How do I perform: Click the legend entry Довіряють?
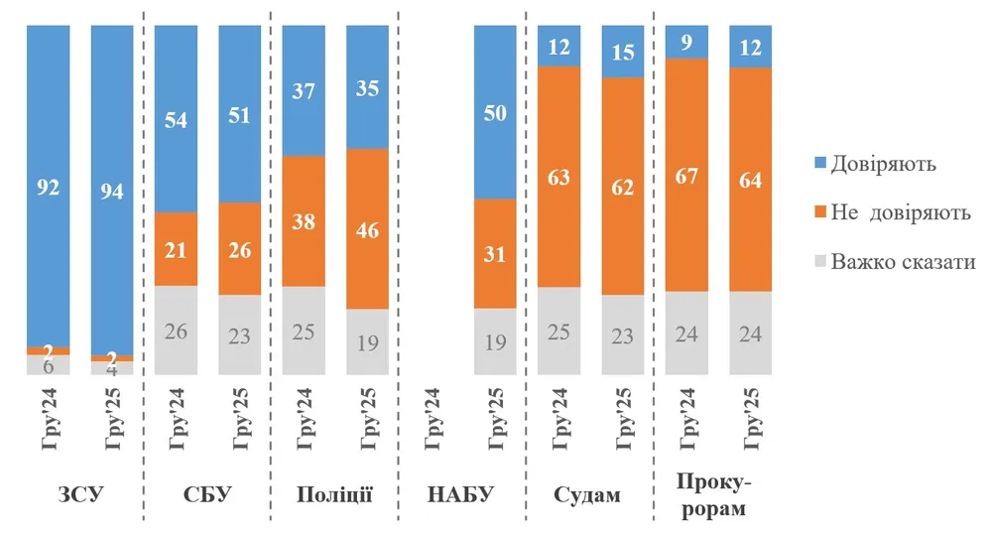[884, 163]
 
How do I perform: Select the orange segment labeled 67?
[685, 175]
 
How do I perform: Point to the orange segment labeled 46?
[367, 228]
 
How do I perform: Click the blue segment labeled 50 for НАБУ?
[495, 112]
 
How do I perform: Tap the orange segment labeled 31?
[495, 253]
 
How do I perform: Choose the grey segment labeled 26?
[176, 331]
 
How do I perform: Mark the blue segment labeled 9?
[685, 42]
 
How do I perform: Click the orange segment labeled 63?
[558, 177]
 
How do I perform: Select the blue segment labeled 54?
[176, 118]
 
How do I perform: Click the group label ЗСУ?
[80, 494]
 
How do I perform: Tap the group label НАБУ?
[461, 494]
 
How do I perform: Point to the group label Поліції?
[334, 494]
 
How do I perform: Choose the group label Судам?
[588, 494]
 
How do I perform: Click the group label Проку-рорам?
[715, 496]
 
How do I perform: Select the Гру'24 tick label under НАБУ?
[432, 421]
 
